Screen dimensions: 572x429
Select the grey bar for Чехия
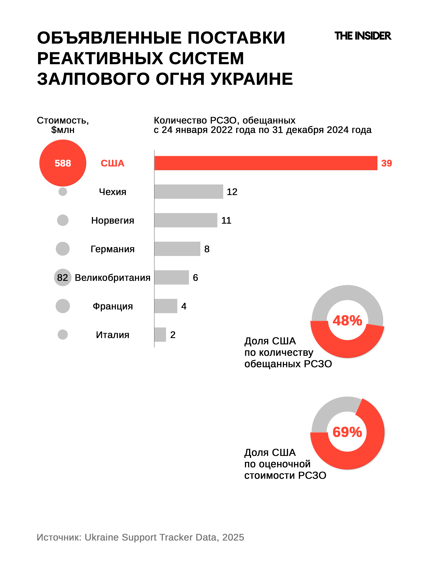point(188,192)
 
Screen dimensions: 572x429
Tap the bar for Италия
point(160,335)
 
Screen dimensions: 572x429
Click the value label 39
point(386,163)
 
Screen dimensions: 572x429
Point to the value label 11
point(226,220)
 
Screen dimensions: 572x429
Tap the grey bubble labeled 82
point(63,277)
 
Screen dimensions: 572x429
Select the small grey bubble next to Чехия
point(63,192)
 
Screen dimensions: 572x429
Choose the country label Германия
point(113,249)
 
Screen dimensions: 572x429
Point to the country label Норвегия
point(113,220)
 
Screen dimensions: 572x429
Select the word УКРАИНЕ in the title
point(251,79)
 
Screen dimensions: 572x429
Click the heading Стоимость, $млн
point(63,125)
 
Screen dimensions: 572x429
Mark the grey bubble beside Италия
point(63,335)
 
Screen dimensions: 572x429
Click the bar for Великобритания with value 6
point(171,277)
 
